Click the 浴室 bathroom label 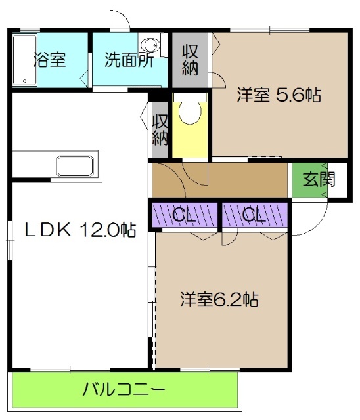click(50, 60)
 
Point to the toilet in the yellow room click(191, 112)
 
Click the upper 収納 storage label click(190, 60)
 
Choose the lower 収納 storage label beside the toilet click(160, 129)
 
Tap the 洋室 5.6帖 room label click(279, 96)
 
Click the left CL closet click(185, 215)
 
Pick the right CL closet click(254, 215)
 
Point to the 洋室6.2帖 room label click(219, 300)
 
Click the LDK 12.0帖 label click(80, 230)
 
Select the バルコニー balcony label click(124, 391)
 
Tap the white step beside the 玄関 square click(338, 178)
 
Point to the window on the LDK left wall click(10, 240)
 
